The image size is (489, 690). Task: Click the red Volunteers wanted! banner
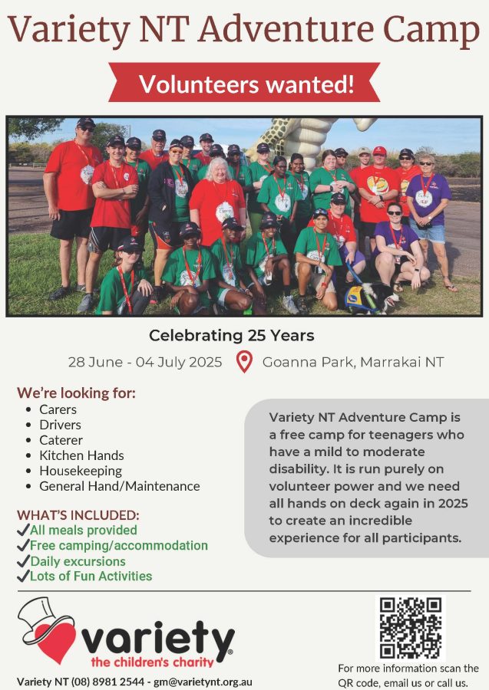[x=244, y=83]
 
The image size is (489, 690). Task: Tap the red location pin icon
[x=244, y=361]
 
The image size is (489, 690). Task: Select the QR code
[x=411, y=628]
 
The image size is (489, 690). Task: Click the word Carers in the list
[x=58, y=409]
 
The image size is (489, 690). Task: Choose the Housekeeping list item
[x=81, y=471]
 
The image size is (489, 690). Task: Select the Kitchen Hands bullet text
[x=81, y=455]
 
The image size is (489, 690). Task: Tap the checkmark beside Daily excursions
[x=23, y=561]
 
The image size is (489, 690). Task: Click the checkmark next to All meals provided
[x=23, y=530]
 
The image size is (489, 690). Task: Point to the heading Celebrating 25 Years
[x=232, y=335]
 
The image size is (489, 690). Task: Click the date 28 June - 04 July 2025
[x=145, y=362]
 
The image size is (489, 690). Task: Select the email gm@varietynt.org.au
[x=203, y=682]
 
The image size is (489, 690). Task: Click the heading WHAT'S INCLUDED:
[x=78, y=515]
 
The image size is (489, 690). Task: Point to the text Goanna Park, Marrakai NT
[x=353, y=362]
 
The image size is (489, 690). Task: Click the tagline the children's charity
[x=152, y=662]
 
